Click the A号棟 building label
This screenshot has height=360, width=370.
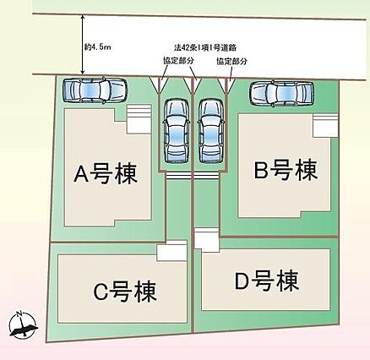(106, 174)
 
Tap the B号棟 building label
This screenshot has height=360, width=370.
(286, 169)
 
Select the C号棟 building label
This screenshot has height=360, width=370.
(125, 292)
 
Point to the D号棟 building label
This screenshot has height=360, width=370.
(267, 281)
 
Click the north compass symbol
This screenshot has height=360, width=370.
(23, 325)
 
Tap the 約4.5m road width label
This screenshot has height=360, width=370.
(97, 47)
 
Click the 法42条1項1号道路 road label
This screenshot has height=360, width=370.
(205, 47)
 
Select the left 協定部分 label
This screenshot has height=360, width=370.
(179, 61)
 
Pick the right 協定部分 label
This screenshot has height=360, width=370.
(231, 62)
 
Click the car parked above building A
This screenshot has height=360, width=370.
(95, 90)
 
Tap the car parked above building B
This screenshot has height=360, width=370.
(282, 93)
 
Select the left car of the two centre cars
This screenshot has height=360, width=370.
(177, 131)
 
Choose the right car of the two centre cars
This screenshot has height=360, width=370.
(211, 131)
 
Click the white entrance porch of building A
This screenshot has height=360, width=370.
(139, 119)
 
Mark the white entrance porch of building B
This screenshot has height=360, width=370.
(325, 126)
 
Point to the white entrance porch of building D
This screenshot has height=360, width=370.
(207, 238)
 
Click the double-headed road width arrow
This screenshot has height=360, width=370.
(83, 44)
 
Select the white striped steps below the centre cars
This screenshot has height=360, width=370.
(193, 176)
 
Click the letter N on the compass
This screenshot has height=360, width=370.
(19, 314)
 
